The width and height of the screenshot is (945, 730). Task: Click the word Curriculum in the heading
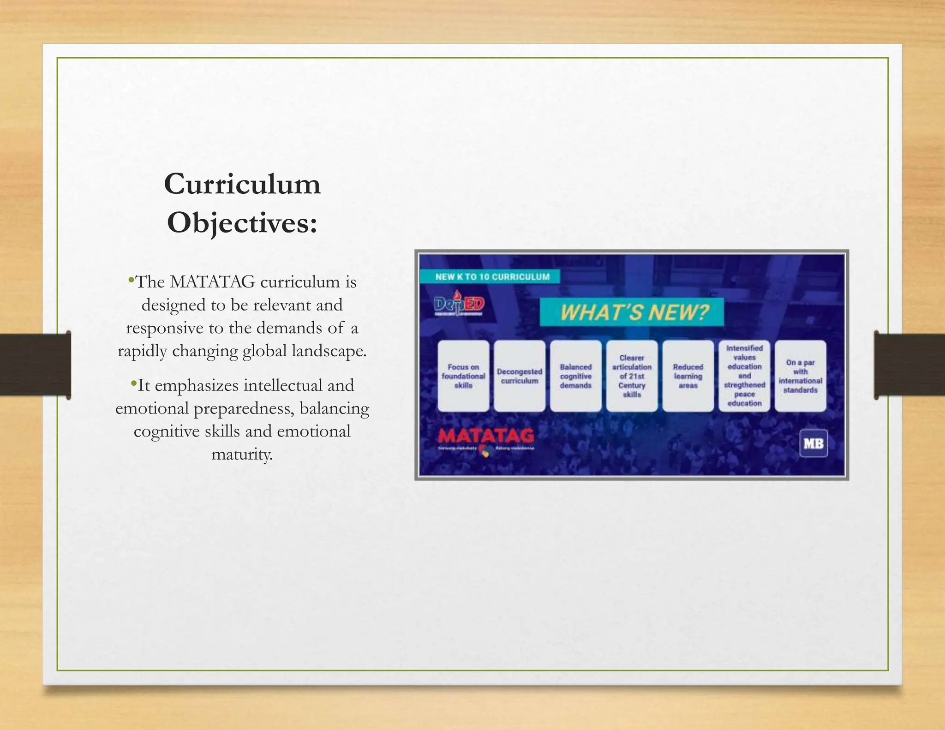coord(242,184)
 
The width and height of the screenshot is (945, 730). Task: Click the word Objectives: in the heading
coord(242,223)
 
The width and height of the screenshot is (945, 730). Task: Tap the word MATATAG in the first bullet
coord(212,282)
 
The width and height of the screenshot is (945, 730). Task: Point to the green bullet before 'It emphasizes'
coord(134,383)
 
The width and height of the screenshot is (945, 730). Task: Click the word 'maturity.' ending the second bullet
coord(242,455)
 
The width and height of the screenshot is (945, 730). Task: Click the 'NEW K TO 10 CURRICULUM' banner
coord(492,277)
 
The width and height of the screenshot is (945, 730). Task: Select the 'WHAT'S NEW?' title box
coord(632,312)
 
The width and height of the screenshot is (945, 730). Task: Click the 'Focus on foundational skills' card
coord(463,376)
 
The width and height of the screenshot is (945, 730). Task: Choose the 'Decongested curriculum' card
coord(520,376)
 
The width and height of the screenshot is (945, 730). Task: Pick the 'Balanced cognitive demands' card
coord(576,376)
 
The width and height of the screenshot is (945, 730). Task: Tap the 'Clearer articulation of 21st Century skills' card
coord(632,376)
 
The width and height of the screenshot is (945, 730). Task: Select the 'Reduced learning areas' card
coord(688,376)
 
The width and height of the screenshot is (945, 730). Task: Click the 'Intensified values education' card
coord(744,376)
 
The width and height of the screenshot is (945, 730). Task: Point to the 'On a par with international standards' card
coord(801,376)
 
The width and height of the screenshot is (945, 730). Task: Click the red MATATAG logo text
coord(486,436)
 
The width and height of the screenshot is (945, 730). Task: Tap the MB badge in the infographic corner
coord(813,443)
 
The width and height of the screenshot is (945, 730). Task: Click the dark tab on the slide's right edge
coord(909,365)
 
